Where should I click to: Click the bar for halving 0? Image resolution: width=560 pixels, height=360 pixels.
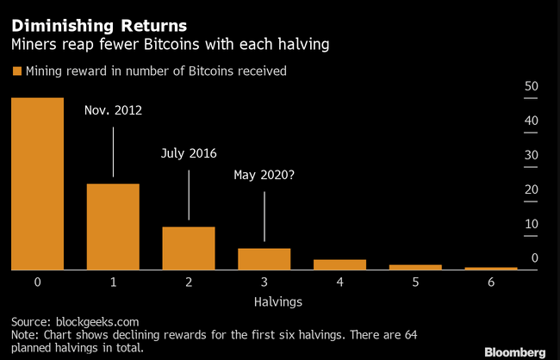pos(37,183)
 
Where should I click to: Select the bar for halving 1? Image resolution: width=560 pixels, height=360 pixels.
pos(113,227)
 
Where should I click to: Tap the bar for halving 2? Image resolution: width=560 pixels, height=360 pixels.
pos(189,248)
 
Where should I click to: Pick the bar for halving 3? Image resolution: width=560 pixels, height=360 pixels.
pos(264,258)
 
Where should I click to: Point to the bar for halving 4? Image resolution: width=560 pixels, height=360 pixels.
pos(339,264)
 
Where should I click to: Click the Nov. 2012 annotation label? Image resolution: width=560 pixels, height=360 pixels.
pos(113,110)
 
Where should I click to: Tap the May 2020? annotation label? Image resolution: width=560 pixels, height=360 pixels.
pos(264,175)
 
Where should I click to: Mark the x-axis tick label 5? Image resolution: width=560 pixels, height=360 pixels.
pos(415,282)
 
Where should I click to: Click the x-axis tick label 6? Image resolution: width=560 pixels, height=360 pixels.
pos(491,282)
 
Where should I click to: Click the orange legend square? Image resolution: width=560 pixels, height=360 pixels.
pos(16,71)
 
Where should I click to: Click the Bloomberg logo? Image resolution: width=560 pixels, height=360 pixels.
pos(516,351)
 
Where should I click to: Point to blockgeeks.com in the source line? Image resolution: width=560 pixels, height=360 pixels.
pos(93,320)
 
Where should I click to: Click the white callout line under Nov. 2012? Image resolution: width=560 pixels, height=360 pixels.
pos(113,151)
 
